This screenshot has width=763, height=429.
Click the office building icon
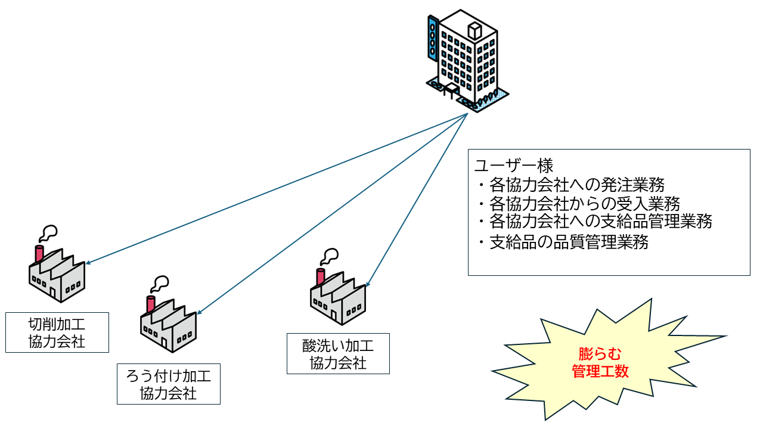(x=468, y=60)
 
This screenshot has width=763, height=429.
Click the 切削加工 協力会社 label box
(x=57, y=332)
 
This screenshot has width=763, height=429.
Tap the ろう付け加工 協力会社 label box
(x=169, y=384)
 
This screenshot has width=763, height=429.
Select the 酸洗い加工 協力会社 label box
(x=338, y=353)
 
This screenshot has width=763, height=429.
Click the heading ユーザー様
(x=514, y=165)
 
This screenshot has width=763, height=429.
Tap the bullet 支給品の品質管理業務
(x=563, y=243)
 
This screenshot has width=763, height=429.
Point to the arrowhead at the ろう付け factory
(x=199, y=313)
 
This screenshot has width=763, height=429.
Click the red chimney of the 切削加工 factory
(x=40, y=254)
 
